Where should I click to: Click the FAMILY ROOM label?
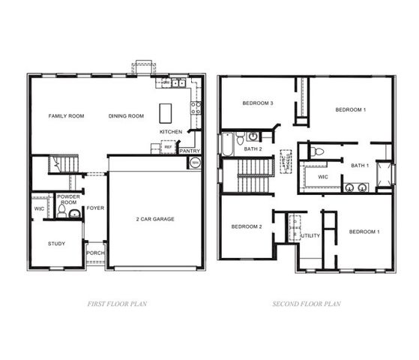click(66, 116)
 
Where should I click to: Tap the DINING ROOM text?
click(126, 116)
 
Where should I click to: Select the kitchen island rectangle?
click(166, 113)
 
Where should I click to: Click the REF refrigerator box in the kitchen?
click(168, 148)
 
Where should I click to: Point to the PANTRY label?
click(190, 151)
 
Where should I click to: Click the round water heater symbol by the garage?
click(194, 162)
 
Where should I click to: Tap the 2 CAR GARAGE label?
click(155, 219)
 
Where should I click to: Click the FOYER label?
click(94, 208)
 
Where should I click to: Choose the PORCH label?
click(95, 253)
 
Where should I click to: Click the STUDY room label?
click(56, 244)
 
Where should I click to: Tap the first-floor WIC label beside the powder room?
click(39, 208)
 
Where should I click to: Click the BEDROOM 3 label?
click(256, 103)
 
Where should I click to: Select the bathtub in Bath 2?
click(226, 142)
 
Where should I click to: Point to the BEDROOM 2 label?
click(246, 226)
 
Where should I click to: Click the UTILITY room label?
click(310, 235)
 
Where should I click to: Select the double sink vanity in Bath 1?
click(355, 187)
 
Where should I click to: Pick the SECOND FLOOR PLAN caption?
click(307, 304)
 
